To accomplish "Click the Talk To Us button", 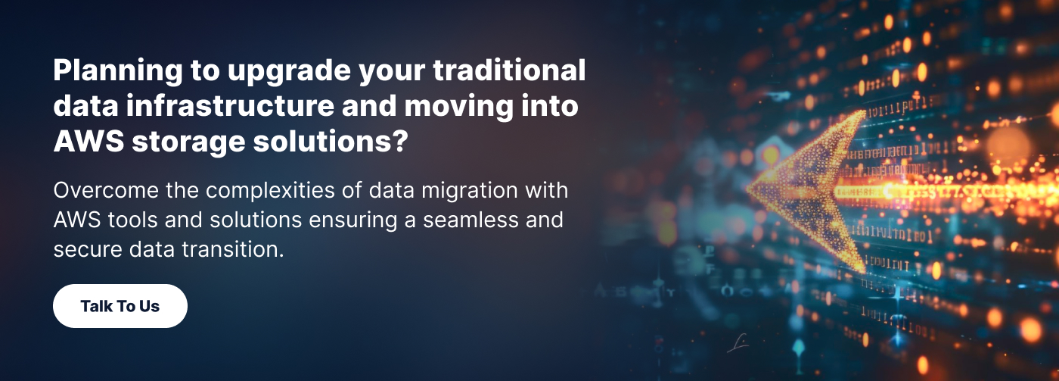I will click(120, 306).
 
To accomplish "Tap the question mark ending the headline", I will click(402, 142).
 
